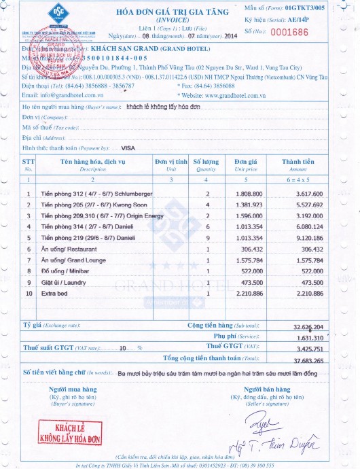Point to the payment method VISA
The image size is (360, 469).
click(128, 147)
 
